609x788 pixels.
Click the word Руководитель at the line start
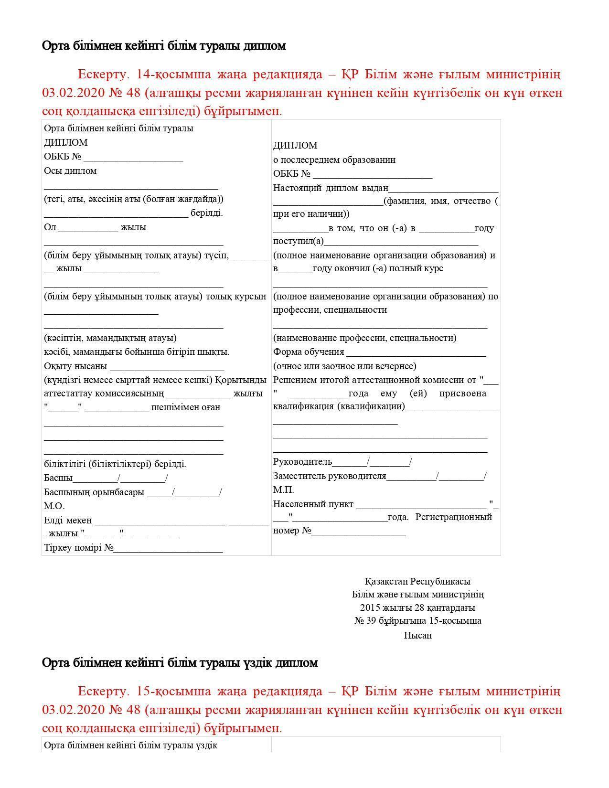[x=302, y=462]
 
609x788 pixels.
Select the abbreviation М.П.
[x=283, y=490]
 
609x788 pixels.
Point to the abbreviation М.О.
[x=54, y=506]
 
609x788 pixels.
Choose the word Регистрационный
[x=453, y=517]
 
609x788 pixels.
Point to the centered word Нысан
[x=417, y=636]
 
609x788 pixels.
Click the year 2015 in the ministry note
[x=370, y=608]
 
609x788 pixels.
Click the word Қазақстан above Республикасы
[x=386, y=582]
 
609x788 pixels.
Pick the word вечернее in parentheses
[x=396, y=366]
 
